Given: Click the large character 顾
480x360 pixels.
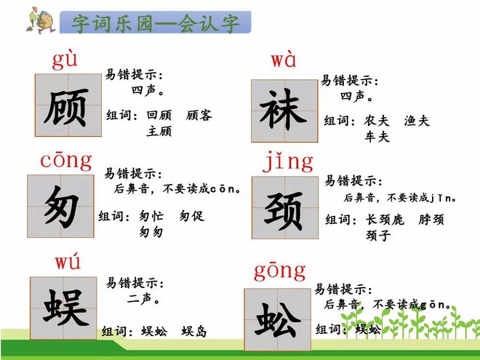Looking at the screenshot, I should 67,108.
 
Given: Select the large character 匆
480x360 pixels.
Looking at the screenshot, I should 60,206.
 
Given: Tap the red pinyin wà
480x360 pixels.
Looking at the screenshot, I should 284,61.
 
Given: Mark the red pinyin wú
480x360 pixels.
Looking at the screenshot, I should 68,261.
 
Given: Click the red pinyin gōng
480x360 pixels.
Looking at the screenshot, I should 279,271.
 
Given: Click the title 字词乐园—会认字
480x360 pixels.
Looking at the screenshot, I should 156,23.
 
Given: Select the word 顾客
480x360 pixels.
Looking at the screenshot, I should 199,116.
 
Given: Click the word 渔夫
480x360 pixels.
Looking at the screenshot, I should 417,121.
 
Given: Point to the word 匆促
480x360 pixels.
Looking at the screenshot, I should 192,216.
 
